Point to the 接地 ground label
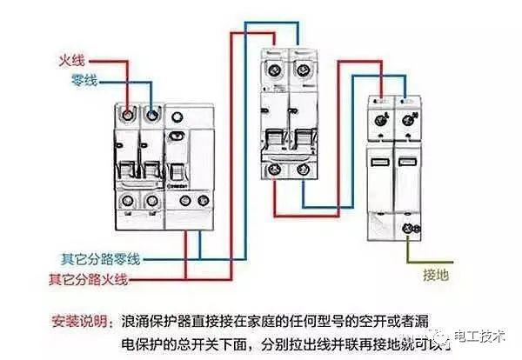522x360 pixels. pos(435,277)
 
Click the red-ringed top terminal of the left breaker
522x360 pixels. pos(127,115)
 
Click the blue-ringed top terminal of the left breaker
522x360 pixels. pos(152,115)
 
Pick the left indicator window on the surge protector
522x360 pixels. pos(381,162)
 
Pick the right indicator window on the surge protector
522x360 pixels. pos(405,162)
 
